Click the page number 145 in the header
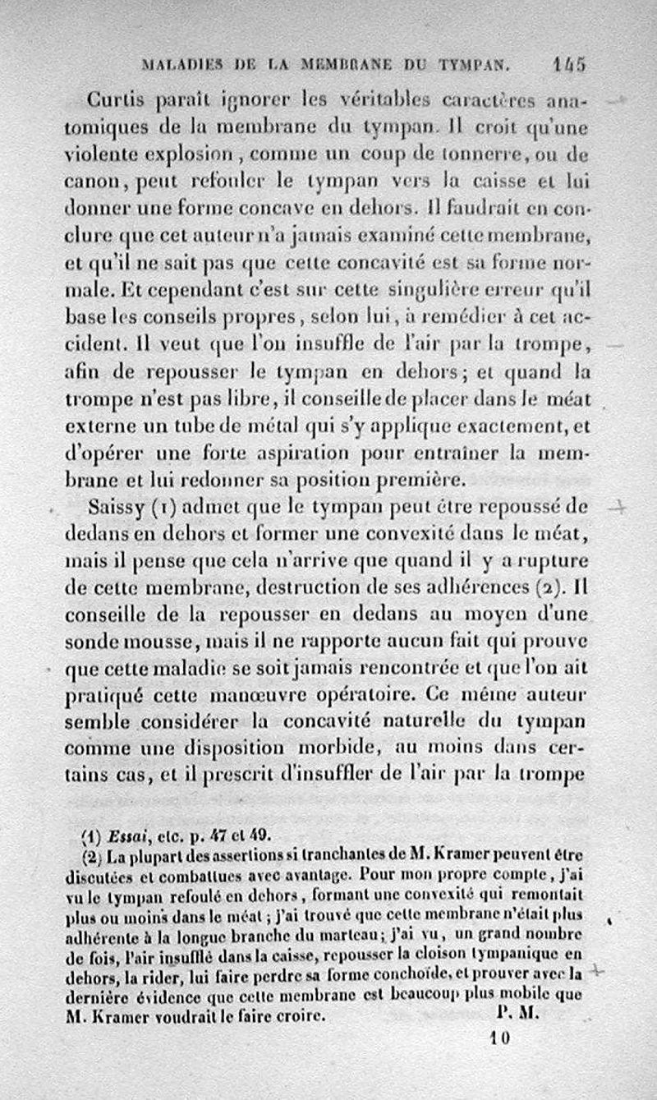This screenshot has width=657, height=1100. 568,62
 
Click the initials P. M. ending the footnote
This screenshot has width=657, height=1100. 517,1014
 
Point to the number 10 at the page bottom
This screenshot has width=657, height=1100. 500,1037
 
